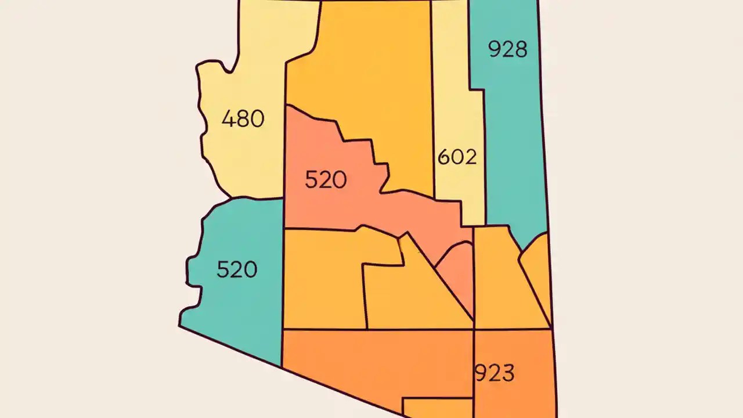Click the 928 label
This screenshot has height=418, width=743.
(x=508, y=49)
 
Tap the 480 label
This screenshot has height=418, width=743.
(x=243, y=119)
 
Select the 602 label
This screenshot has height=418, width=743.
(x=457, y=157)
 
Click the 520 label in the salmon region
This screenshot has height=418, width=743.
(x=326, y=180)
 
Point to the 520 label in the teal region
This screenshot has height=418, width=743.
(x=237, y=269)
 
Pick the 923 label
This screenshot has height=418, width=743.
(x=495, y=373)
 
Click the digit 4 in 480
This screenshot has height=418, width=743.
(x=228, y=119)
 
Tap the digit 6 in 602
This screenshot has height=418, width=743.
(x=443, y=157)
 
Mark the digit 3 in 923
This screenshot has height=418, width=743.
(x=508, y=373)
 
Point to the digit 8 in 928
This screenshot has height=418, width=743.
(x=521, y=49)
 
